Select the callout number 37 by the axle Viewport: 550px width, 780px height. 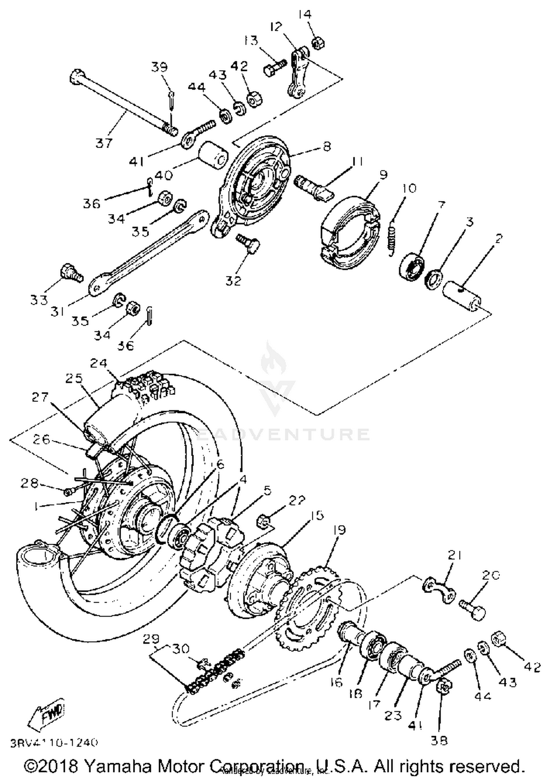pyautogui.click(x=104, y=143)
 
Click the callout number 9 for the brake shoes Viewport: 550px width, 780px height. pyautogui.click(x=383, y=175)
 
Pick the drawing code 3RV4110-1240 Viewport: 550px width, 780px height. pyautogui.click(x=54, y=743)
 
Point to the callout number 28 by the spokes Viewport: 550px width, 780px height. pyautogui.click(x=29, y=483)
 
